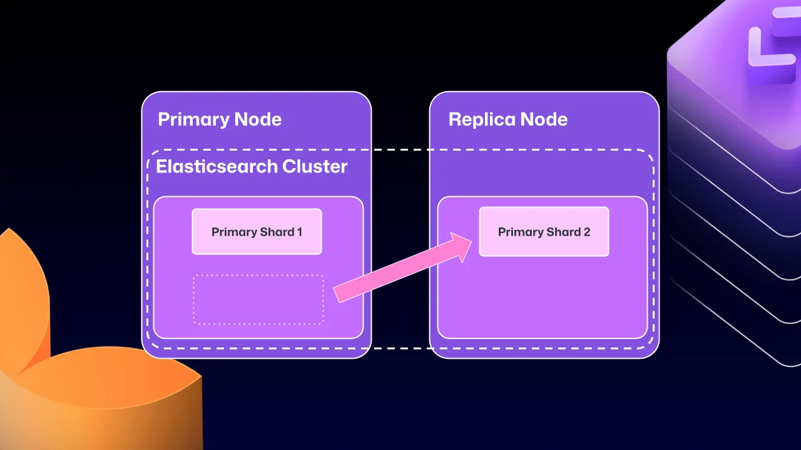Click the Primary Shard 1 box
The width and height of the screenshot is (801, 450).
point(257,232)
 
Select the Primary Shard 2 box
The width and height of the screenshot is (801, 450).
point(544,232)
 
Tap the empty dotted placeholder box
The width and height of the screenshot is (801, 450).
point(258,300)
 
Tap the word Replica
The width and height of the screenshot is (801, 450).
point(479,119)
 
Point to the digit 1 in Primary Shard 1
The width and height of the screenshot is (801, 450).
point(300,232)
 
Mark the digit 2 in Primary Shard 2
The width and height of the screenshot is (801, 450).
point(587,232)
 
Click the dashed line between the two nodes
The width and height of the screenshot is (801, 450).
point(400,150)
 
